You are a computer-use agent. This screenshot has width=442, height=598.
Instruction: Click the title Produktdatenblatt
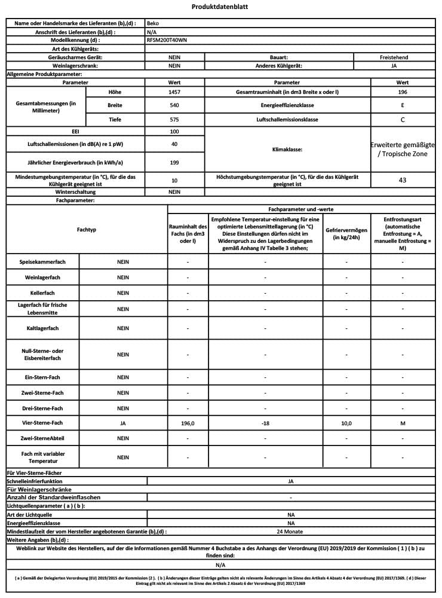(x=220, y=7)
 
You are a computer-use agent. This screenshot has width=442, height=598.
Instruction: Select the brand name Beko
(x=152, y=23)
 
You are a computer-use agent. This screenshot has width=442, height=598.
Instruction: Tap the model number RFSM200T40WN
(x=165, y=40)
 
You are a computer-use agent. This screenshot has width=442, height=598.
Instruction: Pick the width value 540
(x=174, y=105)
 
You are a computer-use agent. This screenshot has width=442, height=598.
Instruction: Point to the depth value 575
(x=174, y=120)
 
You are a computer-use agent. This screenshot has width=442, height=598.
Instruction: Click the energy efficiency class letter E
(x=403, y=105)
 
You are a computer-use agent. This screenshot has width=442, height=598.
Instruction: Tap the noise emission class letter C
(x=403, y=120)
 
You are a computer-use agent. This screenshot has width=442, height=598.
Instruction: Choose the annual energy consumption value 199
(x=174, y=161)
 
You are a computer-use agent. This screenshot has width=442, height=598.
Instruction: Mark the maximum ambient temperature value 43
(x=403, y=179)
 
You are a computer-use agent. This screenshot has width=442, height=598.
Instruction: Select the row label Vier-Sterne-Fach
(x=42, y=423)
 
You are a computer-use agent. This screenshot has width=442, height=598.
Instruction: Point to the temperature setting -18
(x=266, y=423)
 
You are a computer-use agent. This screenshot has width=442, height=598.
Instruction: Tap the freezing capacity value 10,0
(x=346, y=423)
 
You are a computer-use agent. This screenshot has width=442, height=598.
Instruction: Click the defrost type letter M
(x=403, y=423)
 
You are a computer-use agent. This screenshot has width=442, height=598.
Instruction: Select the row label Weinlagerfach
(x=42, y=278)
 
